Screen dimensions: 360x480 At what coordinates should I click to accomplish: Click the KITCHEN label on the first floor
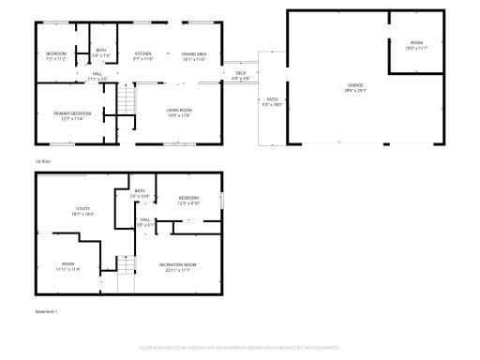(x=142, y=54)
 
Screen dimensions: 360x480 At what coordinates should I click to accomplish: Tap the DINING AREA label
(x=194, y=54)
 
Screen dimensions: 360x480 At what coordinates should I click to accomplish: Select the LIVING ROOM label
(x=178, y=112)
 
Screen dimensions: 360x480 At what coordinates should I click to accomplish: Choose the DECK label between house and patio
(x=241, y=73)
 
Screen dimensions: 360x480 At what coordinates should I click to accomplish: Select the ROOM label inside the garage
(x=415, y=43)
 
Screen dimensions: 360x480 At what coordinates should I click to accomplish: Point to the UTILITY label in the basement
(x=83, y=208)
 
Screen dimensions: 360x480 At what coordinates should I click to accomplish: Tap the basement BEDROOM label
(x=188, y=198)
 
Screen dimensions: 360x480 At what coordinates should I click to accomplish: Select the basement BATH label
(x=140, y=191)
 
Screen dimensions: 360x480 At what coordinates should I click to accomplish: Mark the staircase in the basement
(x=127, y=275)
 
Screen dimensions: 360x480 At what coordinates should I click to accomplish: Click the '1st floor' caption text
(x=42, y=160)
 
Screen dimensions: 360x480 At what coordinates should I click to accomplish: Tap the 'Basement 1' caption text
(x=46, y=310)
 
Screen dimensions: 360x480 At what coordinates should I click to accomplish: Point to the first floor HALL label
(x=97, y=73)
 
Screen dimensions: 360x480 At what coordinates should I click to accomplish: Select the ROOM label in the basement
(x=68, y=263)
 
